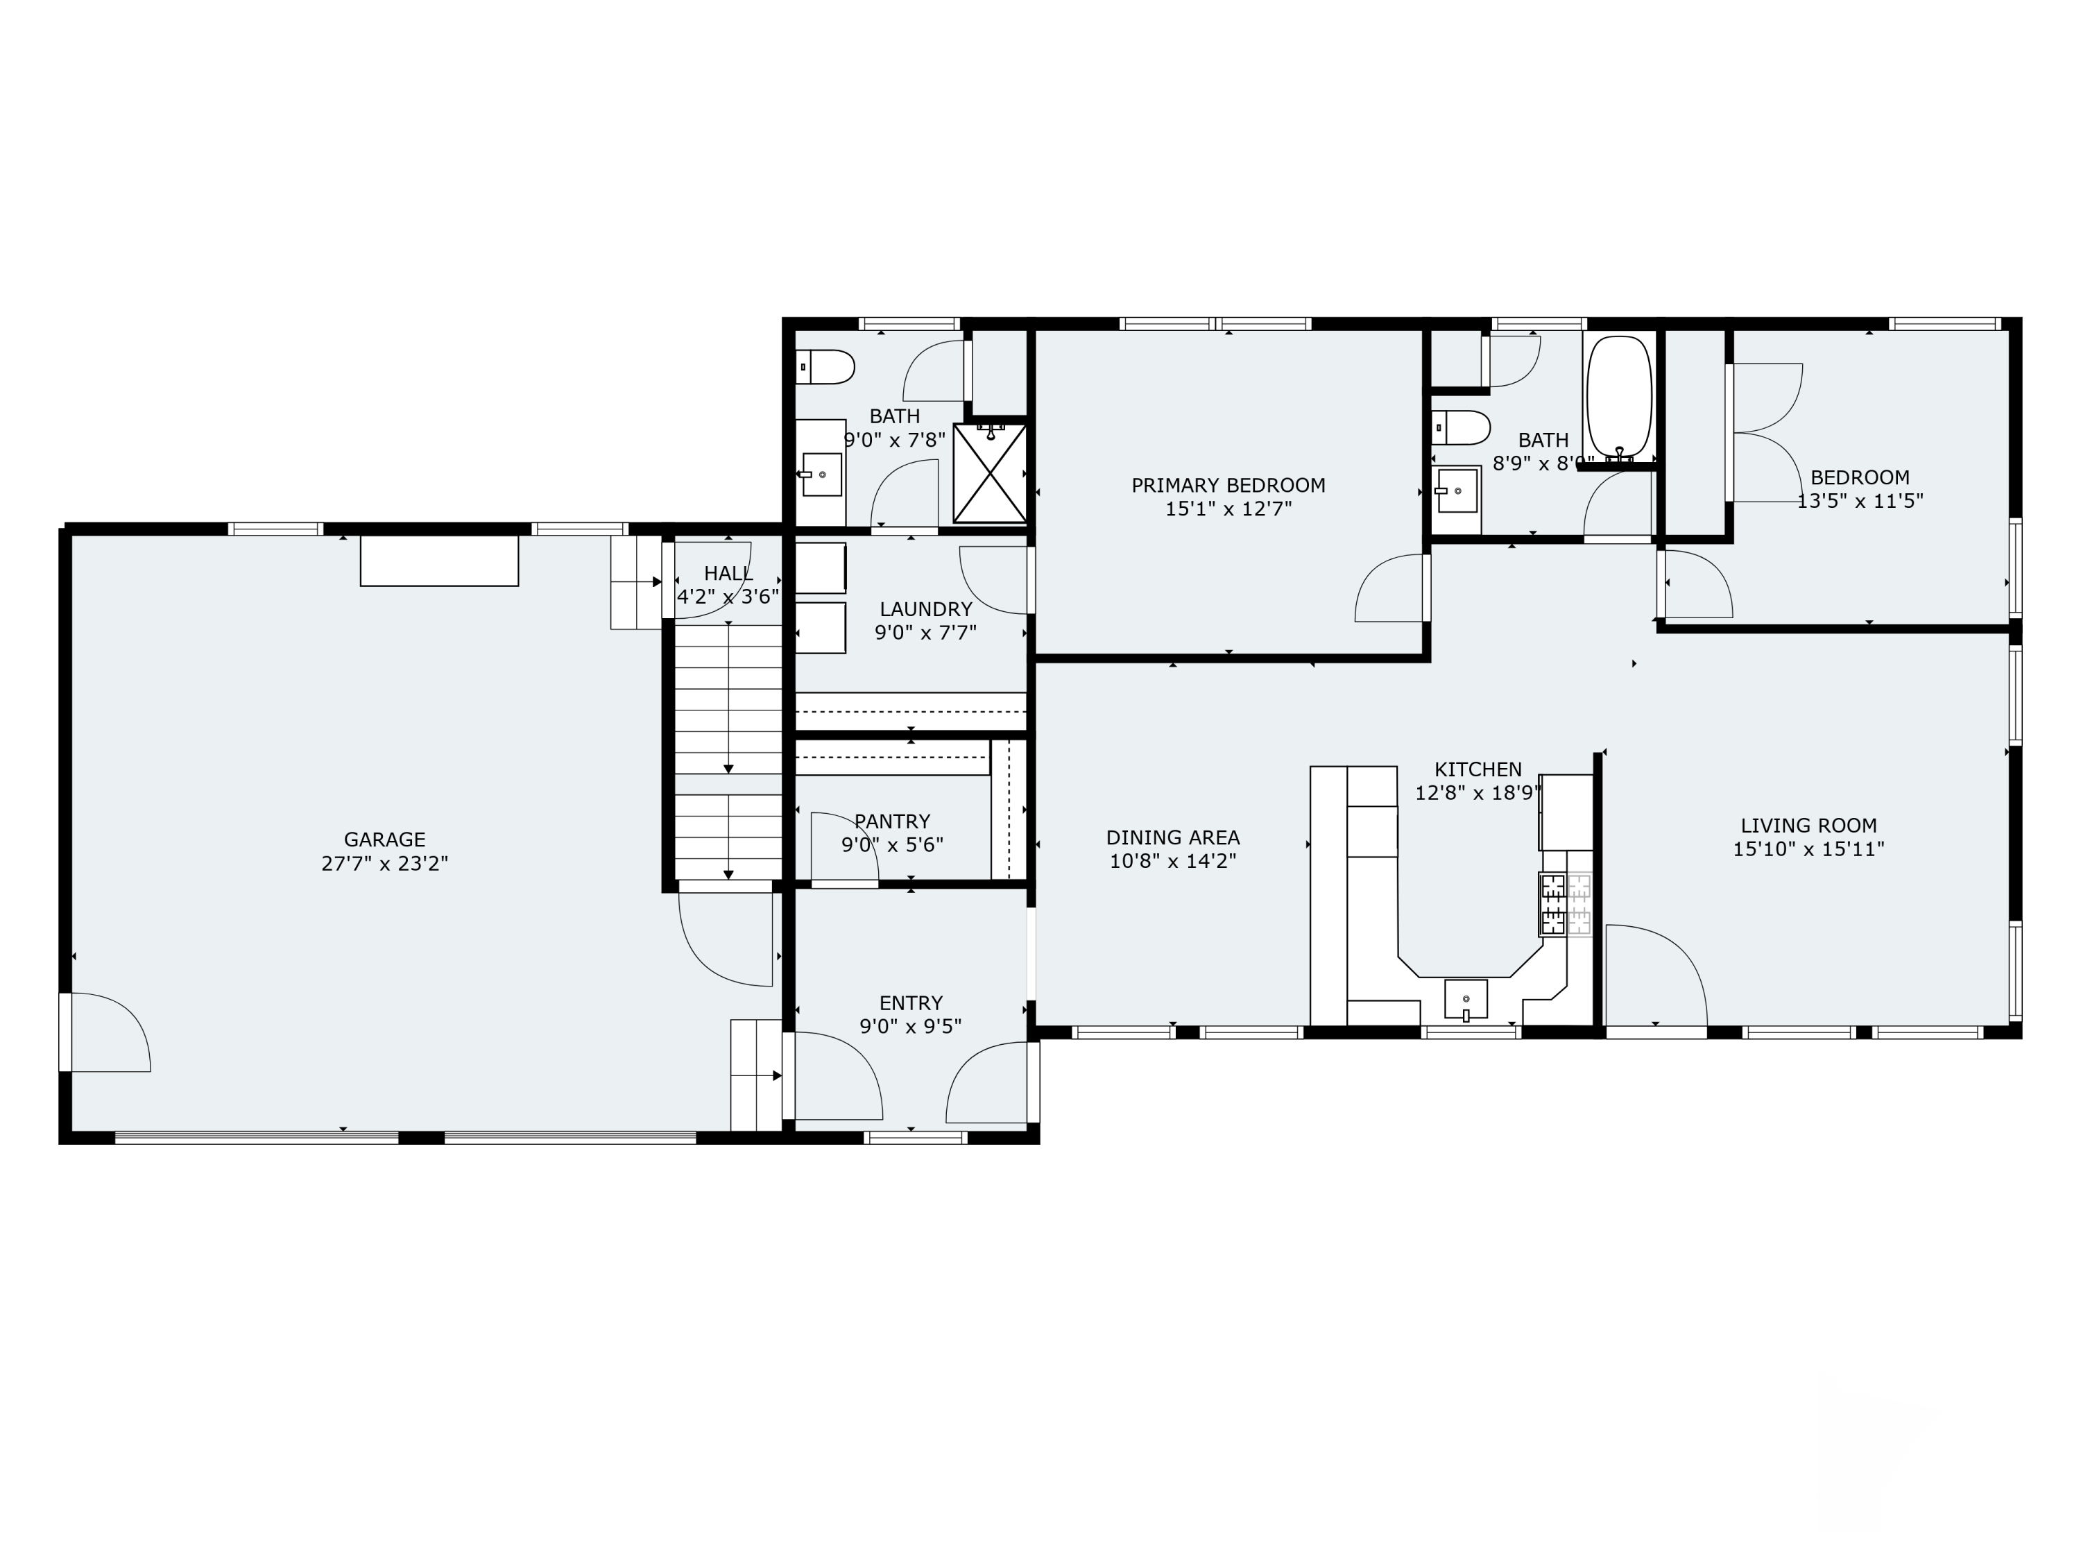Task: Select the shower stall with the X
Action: click(990, 473)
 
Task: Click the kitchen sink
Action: click(1466, 999)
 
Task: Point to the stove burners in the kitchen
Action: click(1552, 904)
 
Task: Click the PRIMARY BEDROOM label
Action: click(1228, 486)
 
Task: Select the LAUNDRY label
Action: click(926, 608)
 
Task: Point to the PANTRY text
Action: click(892, 821)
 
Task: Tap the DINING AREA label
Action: click(1172, 837)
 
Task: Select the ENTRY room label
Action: click(911, 1003)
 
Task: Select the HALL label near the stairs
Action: click(728, 573)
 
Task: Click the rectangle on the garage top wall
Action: click(439, 561)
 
